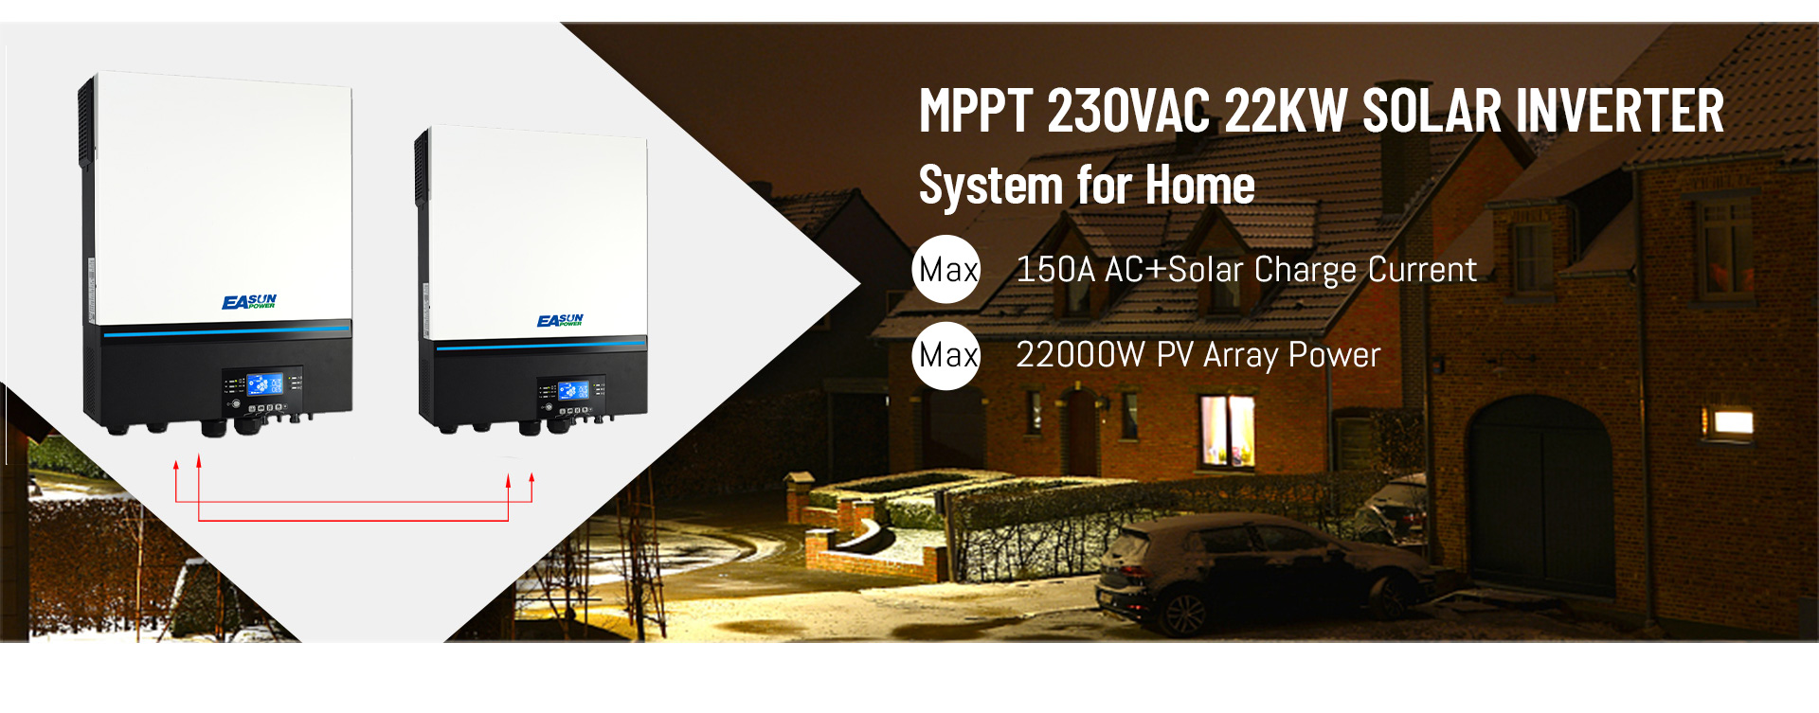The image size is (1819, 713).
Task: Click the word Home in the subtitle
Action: (1200, 185)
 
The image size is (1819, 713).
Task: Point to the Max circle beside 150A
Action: (946, 269)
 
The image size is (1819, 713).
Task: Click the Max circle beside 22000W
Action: (946, 355)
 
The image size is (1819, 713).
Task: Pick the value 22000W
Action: (1081, 355)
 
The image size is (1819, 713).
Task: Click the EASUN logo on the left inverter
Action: (249, 302)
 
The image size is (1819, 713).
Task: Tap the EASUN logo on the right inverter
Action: (560, 321)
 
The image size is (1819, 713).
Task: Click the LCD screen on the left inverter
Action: (264, 383)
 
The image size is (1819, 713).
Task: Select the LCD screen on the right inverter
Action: (573, 390)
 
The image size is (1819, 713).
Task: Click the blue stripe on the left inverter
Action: (226, 330)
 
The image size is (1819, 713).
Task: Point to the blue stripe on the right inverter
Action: (541, 345)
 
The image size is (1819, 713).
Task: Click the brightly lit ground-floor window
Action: (1228, 431)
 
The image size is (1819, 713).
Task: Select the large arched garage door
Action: (1539, 497)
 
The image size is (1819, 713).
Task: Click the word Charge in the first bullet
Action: (1306, 271)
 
